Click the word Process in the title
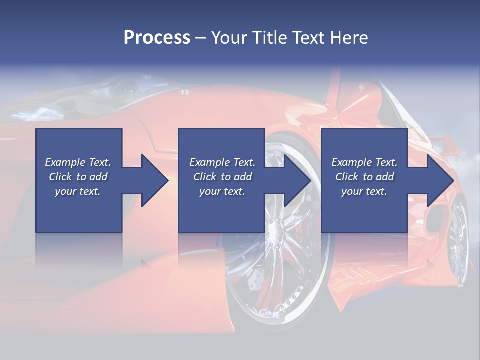pyautogui.click(x=157, y=38)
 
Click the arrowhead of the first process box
pyautogui.click(x=155, y=180)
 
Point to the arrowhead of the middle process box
pyautogui.click(x=298, y=180)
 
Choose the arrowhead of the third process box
pyautogui.click(x=440, y=180)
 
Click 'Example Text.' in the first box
pyautogui.click(x=78, y=162)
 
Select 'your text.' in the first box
pyautogui.click(x=78, y=191)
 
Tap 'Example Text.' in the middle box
pyautogui.click(x=222, y=162)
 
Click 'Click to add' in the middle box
pyautogui.click(x=222, y=177)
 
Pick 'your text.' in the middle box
pyautogui.click(x=222, y=191)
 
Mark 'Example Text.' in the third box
pyautogui.click(x=364, y=162)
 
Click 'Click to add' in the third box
pyautogui.click(x=364, y=177)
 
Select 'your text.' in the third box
pyautogui.click(x=364, y=191)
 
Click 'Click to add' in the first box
pyautogui.click(x=78, y=177)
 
